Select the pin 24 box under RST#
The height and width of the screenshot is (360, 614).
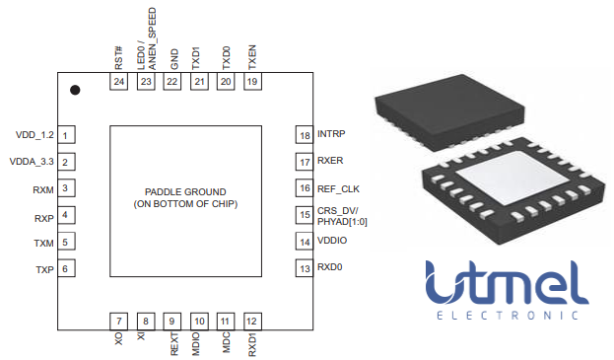point(119,82)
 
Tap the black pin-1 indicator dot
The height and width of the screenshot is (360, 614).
point(75,90)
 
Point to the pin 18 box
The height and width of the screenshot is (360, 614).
point(305,134)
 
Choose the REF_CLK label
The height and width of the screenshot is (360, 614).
point(340,187)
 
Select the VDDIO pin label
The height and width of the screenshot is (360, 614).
point(334,241)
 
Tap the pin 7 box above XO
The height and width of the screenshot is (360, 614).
point(119,321)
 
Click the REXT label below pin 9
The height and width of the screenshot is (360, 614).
point(173,343)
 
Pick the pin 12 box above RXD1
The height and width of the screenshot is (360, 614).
point(252,321)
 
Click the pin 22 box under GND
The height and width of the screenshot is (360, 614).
point(172,82)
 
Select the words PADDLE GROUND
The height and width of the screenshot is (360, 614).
point(185,190)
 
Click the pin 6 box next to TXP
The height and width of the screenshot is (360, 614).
point(65,268)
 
